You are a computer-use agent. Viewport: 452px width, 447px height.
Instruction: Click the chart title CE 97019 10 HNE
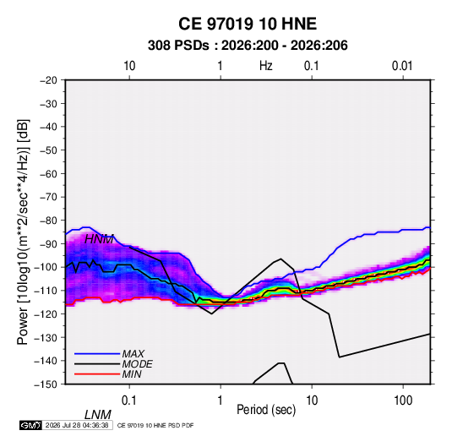[x=248, y=24]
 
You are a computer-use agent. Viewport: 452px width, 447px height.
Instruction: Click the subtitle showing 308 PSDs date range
[x=248, y=46]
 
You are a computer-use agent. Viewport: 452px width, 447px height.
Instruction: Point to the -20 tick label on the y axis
[x=48, y=80]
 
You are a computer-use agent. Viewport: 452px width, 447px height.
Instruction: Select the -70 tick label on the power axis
[x=48, y=197]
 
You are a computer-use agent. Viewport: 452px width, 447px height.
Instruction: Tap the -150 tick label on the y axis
[x=46, y=384]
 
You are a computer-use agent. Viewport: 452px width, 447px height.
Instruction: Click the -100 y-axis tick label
[x=46, y=267]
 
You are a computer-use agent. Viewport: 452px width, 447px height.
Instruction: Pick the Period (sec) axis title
[x=266, y=410]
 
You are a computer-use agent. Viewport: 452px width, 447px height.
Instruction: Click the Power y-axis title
[x=23, y=232]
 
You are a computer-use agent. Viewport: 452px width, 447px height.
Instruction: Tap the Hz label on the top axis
[x=266, y=66]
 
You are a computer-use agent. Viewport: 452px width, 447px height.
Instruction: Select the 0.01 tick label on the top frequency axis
[x=402, y=66]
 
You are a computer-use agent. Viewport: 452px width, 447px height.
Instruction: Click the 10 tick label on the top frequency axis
[x=129, y=66]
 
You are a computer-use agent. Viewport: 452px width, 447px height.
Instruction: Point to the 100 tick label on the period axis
[x=403, y=401]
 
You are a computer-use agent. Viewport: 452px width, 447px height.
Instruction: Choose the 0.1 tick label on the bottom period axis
[x=129, y=401]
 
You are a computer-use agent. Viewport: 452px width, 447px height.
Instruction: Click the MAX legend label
[x=133, y=354]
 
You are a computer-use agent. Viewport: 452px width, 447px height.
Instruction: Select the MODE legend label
[x=137, y=364]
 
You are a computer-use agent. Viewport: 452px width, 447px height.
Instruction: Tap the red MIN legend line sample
[x=97, y=374]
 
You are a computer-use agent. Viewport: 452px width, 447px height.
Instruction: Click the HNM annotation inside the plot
[x=99, y=239]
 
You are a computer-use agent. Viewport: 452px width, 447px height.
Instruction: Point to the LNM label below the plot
[x=97, y=415]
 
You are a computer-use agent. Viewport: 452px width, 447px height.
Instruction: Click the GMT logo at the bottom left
[x=31, y=425]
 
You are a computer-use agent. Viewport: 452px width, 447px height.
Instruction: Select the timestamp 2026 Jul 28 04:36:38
[x=77, y=425]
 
